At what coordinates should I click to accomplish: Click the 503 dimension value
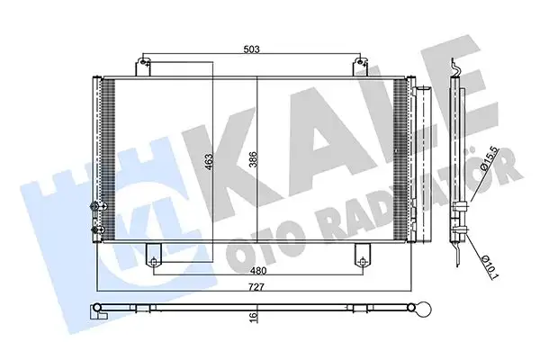click(251, 49)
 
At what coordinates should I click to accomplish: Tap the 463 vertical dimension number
click(209, 162)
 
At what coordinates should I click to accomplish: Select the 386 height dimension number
click(253, 160)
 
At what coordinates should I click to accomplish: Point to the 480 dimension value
click(258, 271)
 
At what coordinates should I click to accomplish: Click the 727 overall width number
click(256, 286)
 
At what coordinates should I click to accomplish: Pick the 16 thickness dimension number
click(253, 316)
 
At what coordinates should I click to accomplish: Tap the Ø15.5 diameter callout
click(490, 158)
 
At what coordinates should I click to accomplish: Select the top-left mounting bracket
click(143, 67)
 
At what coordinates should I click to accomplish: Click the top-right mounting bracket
click(361, 67)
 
